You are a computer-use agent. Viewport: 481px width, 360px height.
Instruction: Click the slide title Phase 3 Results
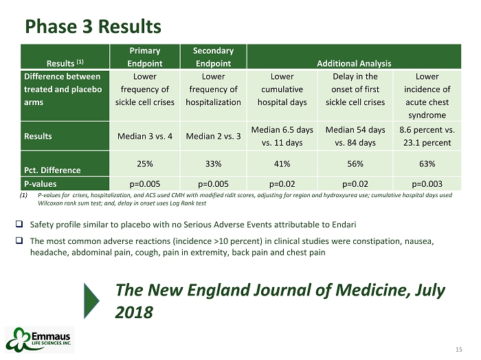pyautogui.click(x=93, y=26)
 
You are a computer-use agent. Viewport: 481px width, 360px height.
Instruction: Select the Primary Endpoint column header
pyautogui.click(x=145, y=56)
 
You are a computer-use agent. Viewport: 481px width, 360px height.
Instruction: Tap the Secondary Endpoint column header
pyautogui.click(x=213, y=56)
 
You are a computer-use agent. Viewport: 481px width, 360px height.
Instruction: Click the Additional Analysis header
pyautogui.click(x=353, y=63)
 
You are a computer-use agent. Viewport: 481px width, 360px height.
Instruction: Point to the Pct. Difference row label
pyautogui.click(x=52, y=169)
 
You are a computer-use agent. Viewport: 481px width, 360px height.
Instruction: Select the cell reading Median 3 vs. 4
pyautogui.click(x=145, y=136)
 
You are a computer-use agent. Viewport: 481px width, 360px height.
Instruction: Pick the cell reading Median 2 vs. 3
pyautogui.click(x=213, y=136)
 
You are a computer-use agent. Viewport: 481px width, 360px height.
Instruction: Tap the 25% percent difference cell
pyautogui.click(x=145, y=164)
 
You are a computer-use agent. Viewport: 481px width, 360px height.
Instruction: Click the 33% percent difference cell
pyautogui.click(x=213, y=164)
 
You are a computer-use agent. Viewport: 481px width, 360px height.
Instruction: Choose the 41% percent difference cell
pyautogui.click(x=282, y=164)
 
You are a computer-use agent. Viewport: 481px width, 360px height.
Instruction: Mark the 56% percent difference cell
pyautogui.click(x=355, y=164)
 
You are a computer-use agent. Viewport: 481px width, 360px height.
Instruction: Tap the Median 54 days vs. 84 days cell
pyautogui.click(x=355, y=136)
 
